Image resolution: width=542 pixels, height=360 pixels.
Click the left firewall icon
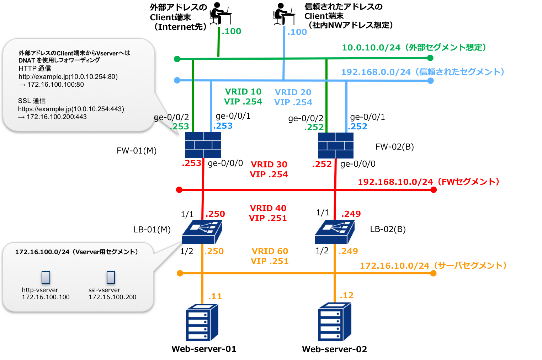click(x=203, y=145)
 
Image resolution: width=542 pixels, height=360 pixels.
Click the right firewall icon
click(x=335, y=145)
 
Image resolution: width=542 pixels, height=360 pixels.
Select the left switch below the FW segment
click(x=202, y=232)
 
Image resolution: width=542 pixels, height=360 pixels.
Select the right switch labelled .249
click(x=335, y=232)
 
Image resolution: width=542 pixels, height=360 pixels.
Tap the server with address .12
click(x=334, y=322)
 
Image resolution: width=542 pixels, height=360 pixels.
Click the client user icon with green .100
click(x=220, y=13)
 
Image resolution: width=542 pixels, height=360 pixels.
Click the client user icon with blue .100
click(x=284, y=14)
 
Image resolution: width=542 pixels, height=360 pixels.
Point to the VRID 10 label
click(x=243, y=92)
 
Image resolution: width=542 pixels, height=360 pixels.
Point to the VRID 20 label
click(x=293, y=92)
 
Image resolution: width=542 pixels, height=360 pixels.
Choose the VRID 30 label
click(x=269, y=165)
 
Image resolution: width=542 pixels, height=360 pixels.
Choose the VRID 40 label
click(x=268, y=208)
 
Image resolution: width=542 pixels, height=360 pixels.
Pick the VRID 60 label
click(x=270, y=251)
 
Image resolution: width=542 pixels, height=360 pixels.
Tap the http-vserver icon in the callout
click(x=46, y=278)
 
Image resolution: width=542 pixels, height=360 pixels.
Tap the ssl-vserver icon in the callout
click(x=111, y=278)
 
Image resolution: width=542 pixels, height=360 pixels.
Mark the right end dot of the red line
click(x=434, y=190)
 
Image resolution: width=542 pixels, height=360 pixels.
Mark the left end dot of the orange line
click(x=180, y=273)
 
